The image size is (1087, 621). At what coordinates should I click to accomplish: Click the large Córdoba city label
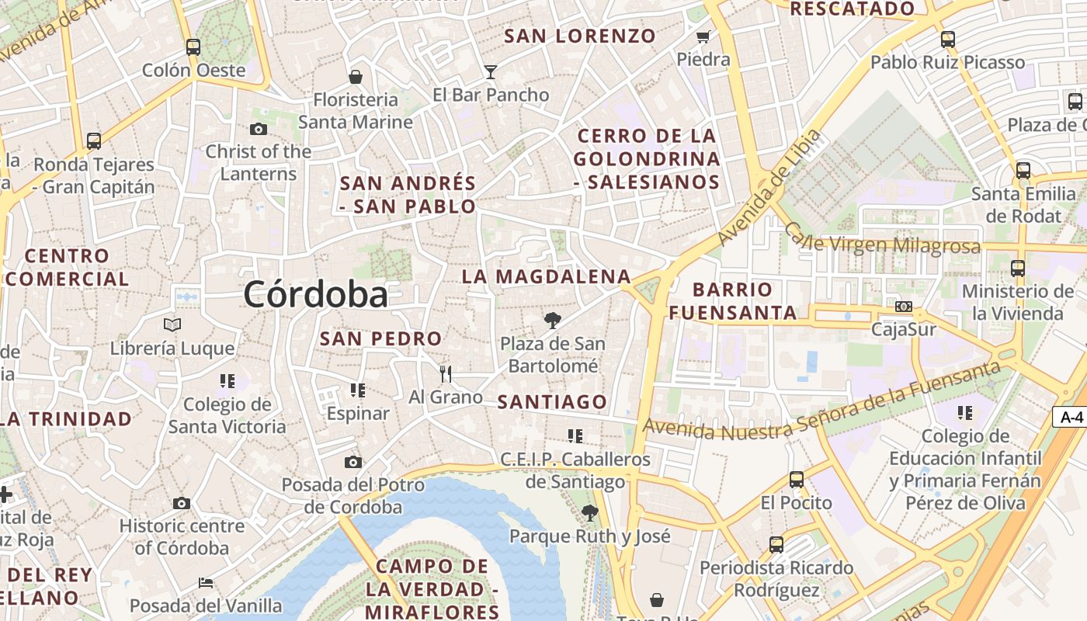(x=315, y=295)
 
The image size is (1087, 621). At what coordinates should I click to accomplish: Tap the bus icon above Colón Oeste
(x=193, y=47)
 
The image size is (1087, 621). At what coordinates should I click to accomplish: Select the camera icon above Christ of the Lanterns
(x=259, y=129)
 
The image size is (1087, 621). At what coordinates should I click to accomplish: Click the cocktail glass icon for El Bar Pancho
(x=490, y=72)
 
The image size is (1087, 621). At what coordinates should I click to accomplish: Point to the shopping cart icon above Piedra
(x=703, y=36)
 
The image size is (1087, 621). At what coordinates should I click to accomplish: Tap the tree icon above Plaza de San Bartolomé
(x=552, y=320)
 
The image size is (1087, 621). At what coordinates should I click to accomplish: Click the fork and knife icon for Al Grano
(x=446, y=374)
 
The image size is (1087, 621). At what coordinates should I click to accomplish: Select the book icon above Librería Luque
(x=172, y=324)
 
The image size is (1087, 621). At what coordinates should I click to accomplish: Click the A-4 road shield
(x=1071, y=417)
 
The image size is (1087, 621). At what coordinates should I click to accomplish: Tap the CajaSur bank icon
(x=903, y=307)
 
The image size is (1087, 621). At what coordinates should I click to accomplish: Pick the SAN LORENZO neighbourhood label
(x=580, y=36)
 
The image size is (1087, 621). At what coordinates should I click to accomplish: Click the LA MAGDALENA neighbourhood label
(x=546, y=276)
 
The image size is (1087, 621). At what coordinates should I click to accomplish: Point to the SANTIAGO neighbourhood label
(x=552, y=401)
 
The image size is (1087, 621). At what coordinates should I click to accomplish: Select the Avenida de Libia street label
(x=769, y=188)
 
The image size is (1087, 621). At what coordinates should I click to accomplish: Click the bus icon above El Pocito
(x=796, y=479)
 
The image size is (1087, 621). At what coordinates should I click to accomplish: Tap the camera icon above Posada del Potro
(x=353, y=462)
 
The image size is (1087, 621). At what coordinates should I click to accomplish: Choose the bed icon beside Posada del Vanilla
(x=206, y=582)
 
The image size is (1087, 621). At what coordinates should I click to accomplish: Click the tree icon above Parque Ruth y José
(x=590, y=512)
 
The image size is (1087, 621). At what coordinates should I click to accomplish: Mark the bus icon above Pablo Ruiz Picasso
(x=947, y=40)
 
